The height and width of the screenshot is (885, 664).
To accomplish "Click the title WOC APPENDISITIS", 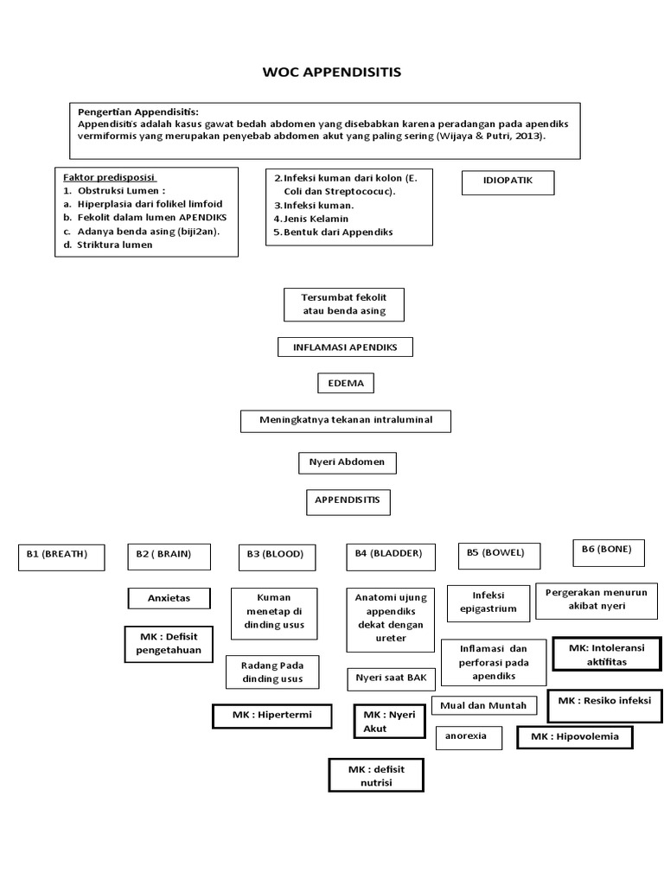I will coord(332,72).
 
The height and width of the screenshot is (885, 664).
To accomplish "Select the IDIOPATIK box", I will coord(507,183).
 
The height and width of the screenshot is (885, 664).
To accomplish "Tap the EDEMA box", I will coord(345,384).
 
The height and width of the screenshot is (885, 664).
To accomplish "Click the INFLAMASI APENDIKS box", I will coord(345,347).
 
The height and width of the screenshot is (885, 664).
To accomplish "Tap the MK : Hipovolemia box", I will coord(574,737).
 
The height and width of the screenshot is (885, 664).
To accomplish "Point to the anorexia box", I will coord(468,737).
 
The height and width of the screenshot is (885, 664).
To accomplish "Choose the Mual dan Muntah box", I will coord(483,705).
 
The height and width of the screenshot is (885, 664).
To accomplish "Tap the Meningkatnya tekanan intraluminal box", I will coord(345,421).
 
